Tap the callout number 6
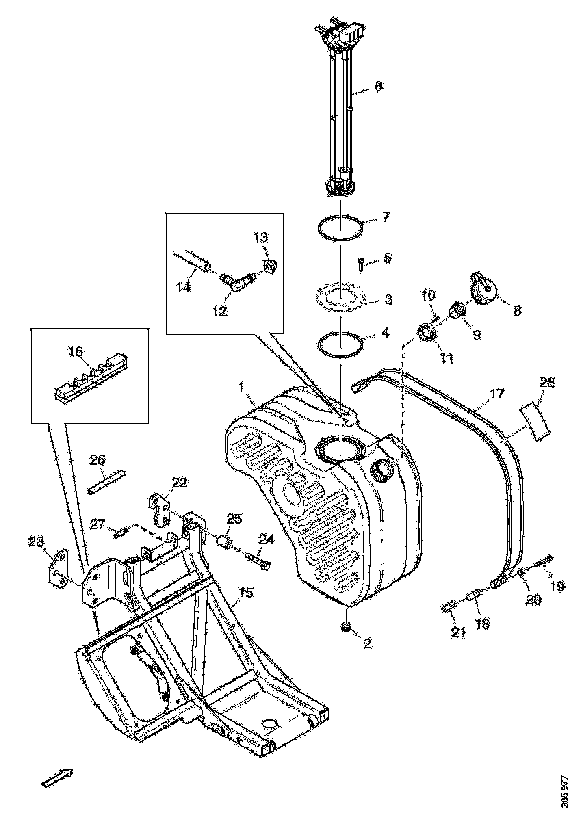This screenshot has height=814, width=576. [379, 86]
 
